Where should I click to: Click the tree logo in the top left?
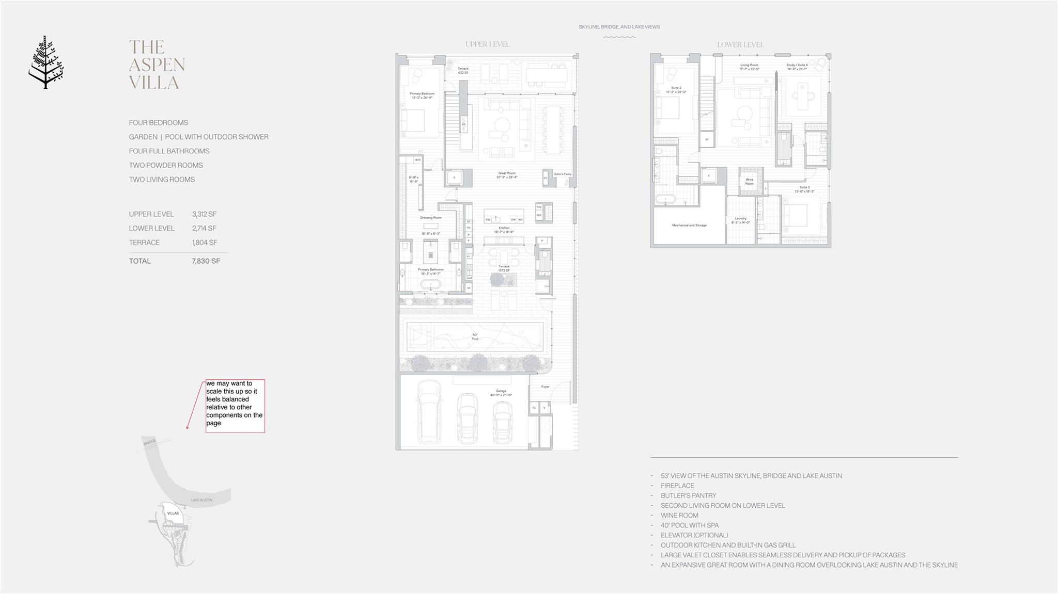pos(46,62)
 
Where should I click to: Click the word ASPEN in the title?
pos(157,65)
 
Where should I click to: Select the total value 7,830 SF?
pos(206,261)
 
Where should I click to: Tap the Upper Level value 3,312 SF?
pos(204,214)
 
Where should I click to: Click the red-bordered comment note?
pos(235,406)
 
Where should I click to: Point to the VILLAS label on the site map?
pos(173,513)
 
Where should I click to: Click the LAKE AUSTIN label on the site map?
pos(201,500)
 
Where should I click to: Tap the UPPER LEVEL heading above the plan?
pos(487,44)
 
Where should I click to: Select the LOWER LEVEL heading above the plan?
pos(740,45)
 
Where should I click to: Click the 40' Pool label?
pos(475,336)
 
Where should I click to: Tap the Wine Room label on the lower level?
pos(749,182)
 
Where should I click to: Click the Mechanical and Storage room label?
pos(689,226)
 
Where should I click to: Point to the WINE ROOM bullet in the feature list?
pos(679,516)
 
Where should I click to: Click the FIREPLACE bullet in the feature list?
pos(677,486)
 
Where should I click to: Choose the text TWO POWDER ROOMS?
pos(166,165)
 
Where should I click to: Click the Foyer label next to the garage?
pos(545,387)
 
